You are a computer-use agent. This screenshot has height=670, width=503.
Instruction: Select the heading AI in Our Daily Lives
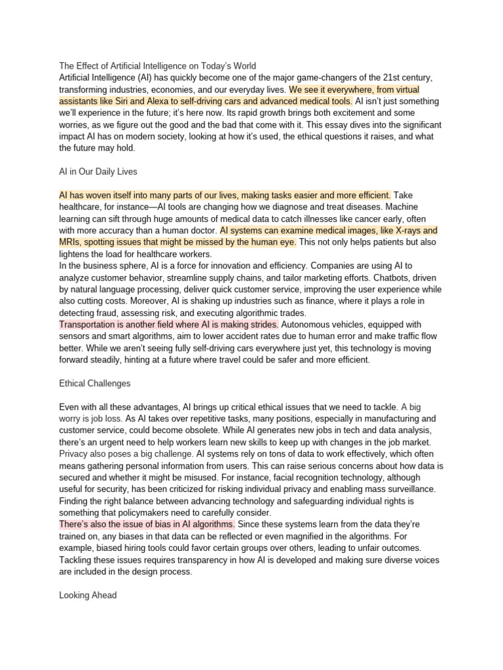coord(98,171)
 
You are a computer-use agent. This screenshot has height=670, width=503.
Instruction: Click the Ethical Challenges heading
coord(95,383)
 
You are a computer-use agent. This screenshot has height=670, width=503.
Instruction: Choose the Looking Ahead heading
coord(88,595)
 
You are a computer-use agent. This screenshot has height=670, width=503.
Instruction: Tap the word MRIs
coord(70,243)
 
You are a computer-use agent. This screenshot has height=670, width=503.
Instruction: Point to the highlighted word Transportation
coord(90,325)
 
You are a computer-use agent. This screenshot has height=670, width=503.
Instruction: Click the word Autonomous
coord(306,325)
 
